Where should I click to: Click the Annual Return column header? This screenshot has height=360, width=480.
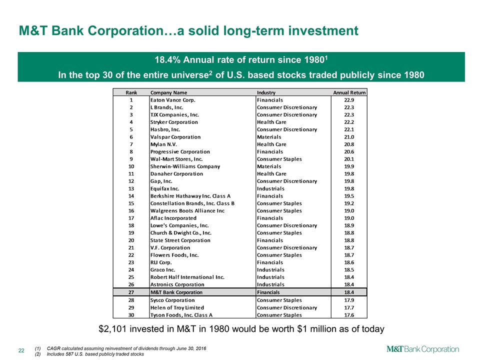pyautogui.click(x=349, y=92)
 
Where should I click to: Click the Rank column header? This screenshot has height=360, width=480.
pyautogui.click(x=131, y=92)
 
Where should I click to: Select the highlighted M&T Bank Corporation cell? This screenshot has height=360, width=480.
pyautogui.click(x=176, y=292)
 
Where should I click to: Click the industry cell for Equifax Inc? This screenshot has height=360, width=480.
pyautogui.click(x=270, y=188)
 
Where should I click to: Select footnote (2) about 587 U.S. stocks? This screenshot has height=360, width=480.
pyautogui.click(x=89, y=353)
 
